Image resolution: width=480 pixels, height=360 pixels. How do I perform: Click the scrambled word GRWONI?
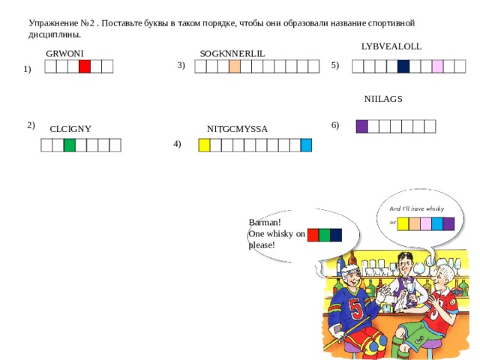click(64, 53)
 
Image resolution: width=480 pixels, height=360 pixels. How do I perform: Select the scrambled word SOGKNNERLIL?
click(232, 53)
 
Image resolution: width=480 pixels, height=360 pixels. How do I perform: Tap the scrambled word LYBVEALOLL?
click(391, 46)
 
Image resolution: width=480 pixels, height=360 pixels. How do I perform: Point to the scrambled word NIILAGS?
click(383, 99)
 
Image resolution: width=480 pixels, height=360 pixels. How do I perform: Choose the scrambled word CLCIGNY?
click(70, 129)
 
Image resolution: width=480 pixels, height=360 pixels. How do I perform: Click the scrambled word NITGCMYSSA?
click(237, 129)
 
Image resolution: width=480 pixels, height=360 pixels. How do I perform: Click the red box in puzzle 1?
click(85, 67)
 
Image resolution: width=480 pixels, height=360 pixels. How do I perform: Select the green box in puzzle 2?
click(70, 145)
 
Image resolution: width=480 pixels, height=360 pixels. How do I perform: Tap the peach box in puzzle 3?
click(235, 67)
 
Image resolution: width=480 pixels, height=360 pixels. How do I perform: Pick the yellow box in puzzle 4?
click(204, 145)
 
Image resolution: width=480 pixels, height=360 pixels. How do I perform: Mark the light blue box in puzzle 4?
click(306, 145)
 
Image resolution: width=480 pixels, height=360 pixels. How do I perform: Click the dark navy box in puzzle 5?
click(403, 67)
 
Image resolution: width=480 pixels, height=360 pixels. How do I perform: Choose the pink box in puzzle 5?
click(437, 67)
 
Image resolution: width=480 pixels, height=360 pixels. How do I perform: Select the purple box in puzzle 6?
click(361, 127)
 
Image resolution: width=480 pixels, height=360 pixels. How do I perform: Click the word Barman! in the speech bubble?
click(265, 222)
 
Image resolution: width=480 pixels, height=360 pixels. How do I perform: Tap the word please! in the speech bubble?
click(262, 245)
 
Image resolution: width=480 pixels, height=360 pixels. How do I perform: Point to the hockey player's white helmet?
click(350, 271)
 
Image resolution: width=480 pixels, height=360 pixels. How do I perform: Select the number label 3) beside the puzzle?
click(181, 65)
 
